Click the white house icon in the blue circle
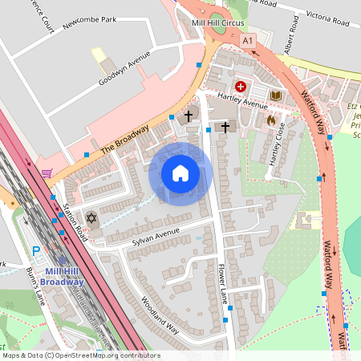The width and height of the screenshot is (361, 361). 180,173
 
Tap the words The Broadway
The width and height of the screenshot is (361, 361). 125,140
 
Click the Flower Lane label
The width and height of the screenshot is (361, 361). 223,285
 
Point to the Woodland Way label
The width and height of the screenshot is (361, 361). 160,316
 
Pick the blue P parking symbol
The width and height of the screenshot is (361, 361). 35,251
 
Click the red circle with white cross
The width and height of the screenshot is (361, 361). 239,85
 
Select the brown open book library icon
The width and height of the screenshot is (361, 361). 276,96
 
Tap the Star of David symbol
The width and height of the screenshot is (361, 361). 91,218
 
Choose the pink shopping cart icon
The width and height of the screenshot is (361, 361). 47,172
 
